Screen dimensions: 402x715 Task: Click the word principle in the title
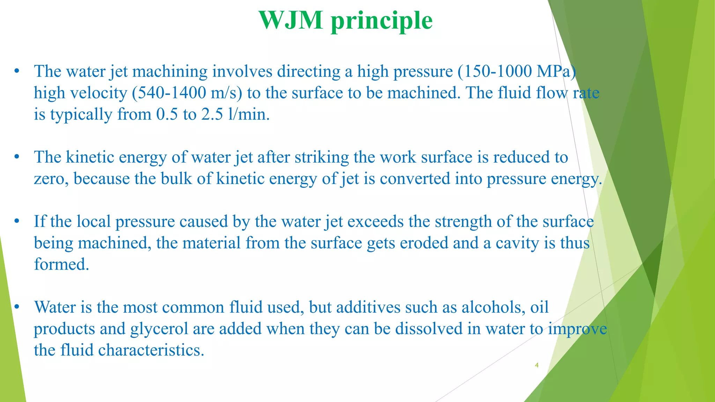click(382, 21)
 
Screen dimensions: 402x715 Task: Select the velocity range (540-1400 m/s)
click(187, 93)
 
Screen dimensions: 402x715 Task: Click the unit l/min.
click(249, 114)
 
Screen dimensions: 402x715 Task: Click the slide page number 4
click(537, 365)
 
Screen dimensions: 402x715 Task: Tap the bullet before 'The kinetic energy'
click(16, 157)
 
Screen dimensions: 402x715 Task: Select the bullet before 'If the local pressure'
click(16, 222)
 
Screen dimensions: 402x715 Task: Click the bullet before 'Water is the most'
click(16, 307)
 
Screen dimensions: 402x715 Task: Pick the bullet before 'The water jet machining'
click(16, 72)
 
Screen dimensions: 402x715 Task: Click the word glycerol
click(159, 329)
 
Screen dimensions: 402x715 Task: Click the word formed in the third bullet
click(61, 265)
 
